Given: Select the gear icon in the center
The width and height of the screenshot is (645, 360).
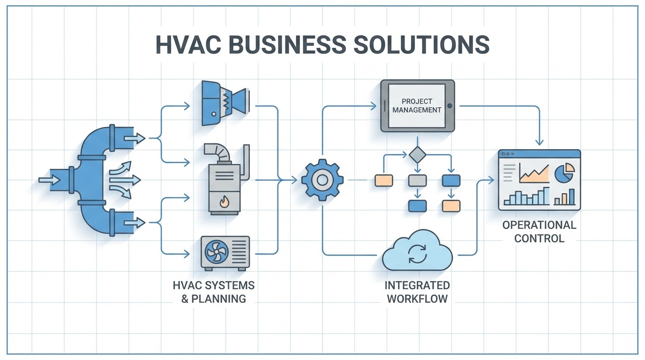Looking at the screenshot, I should click(x=322, y=180).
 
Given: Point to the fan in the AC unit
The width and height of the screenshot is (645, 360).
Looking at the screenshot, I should click(x=214, y=252).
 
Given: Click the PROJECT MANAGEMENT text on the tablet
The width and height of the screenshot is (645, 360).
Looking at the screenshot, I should click(x=417, y=105).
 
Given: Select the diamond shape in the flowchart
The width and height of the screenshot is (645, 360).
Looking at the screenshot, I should click(x=417, y=155).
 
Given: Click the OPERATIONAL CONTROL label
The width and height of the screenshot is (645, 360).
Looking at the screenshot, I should click(x=539, y=231).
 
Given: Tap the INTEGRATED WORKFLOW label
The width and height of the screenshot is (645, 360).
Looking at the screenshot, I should click(x=417, y=292).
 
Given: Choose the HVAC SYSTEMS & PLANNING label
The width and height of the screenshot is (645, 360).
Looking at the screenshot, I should click(x=214, y=292).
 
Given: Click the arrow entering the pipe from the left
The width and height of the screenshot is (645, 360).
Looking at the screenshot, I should click(x=49, y=180).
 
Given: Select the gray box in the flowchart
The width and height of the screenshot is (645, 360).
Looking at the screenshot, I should click(x=417, y=180).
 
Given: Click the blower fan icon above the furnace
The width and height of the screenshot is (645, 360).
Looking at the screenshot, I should click(x=225, y=103).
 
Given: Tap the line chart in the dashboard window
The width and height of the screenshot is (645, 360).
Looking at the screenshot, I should click(x=534, y=173).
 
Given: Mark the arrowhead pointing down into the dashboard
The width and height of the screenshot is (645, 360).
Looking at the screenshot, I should click(x=540, y=142).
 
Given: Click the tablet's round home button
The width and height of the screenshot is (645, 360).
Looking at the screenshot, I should click(x=450, y=105).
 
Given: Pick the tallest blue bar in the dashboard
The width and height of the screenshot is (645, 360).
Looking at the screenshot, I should click(x=547, y=196).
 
